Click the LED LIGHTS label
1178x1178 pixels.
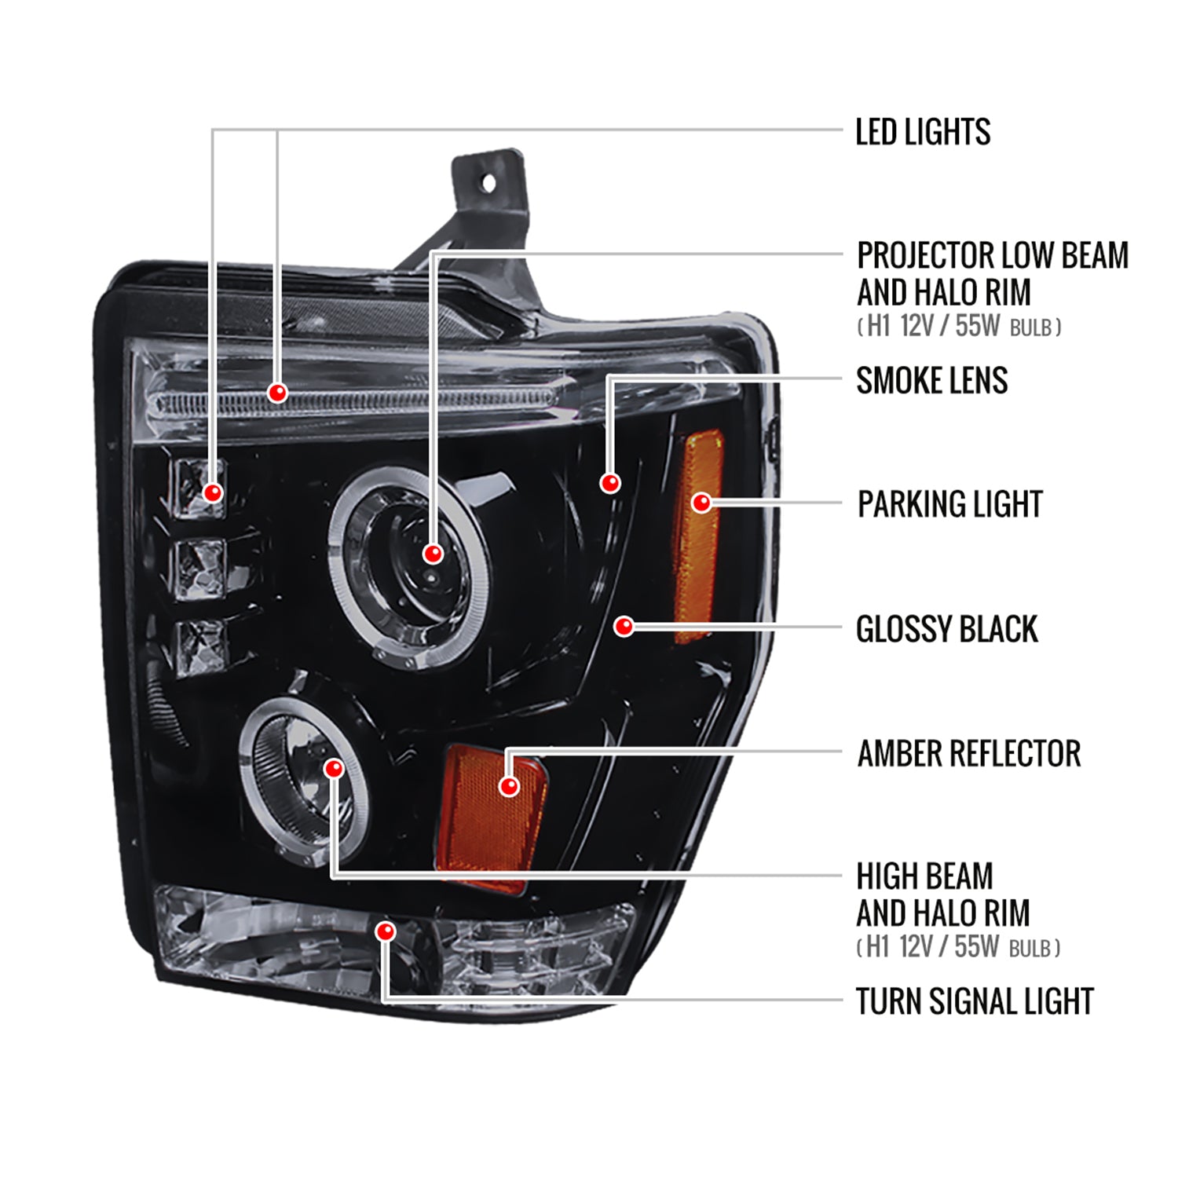click(922, 132)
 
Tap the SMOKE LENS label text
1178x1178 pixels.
click(931, 381)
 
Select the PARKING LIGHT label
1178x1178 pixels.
click(949, 504)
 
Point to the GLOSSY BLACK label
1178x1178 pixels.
click(946, 629)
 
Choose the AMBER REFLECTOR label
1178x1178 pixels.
click(968, 753)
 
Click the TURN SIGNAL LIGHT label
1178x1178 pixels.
click(974, 1001)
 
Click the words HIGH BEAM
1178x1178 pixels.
click(924, 876)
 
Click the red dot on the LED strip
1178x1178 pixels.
click(277, 392)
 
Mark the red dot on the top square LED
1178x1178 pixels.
click(213, 492)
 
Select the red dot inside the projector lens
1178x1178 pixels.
click(433, 554)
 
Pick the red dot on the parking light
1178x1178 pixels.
click(701, 503)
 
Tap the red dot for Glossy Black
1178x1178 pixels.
click(624, 626)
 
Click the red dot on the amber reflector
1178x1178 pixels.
click(509, 785)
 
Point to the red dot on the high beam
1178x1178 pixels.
click(334, 768)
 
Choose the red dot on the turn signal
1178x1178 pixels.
click(386, 931)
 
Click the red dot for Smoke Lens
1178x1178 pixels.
click(610, 483)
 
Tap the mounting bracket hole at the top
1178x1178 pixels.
click(488, 184)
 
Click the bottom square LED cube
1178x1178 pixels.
click(202, 646)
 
